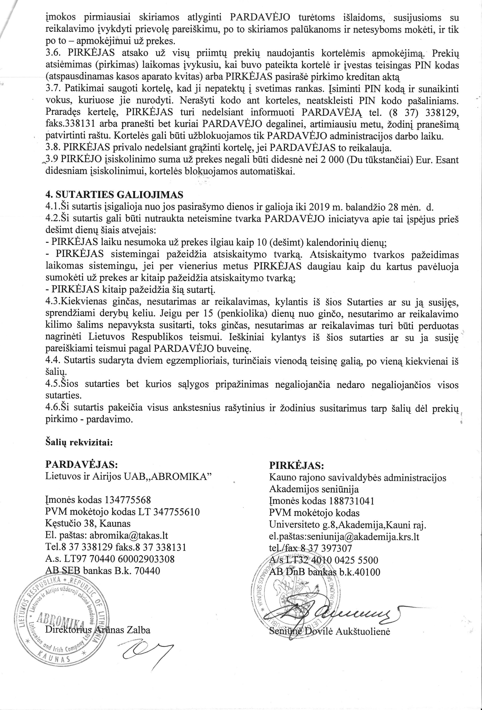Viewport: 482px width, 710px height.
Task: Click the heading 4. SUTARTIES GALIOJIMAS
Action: (114, 195)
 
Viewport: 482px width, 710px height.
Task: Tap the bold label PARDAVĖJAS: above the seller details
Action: (81, 464)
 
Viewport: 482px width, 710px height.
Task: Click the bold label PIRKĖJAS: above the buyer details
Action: (296, 466)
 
